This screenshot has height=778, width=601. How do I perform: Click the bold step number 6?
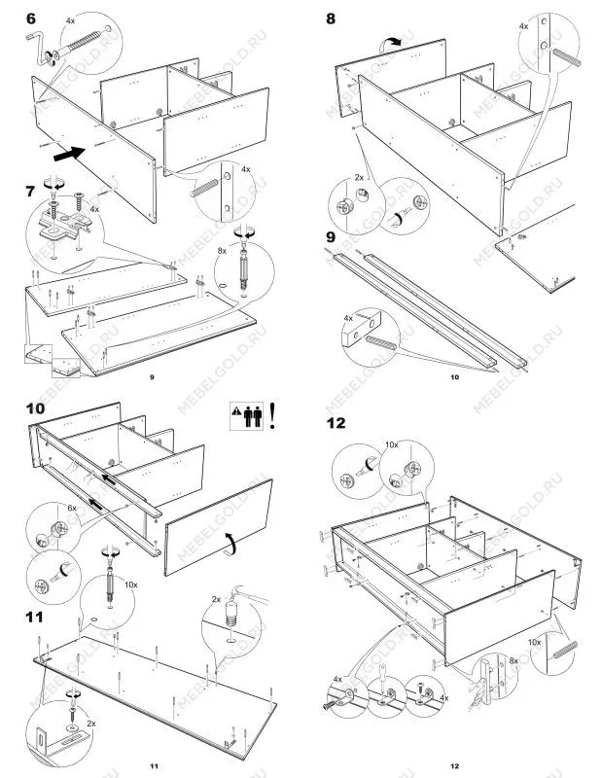click(x=31, y=18)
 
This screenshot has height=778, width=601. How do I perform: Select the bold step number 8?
click(x=332, y=18)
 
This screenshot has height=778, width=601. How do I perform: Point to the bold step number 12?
click(x=336, y=424)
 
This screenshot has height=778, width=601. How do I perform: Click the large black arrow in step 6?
click(x=67, y=151)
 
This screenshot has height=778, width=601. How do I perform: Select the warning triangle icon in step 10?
click(x=237, y=414)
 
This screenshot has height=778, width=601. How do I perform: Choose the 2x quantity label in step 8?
click(x=358, y=178)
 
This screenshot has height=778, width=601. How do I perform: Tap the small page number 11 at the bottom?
click(x=153, y=768)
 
